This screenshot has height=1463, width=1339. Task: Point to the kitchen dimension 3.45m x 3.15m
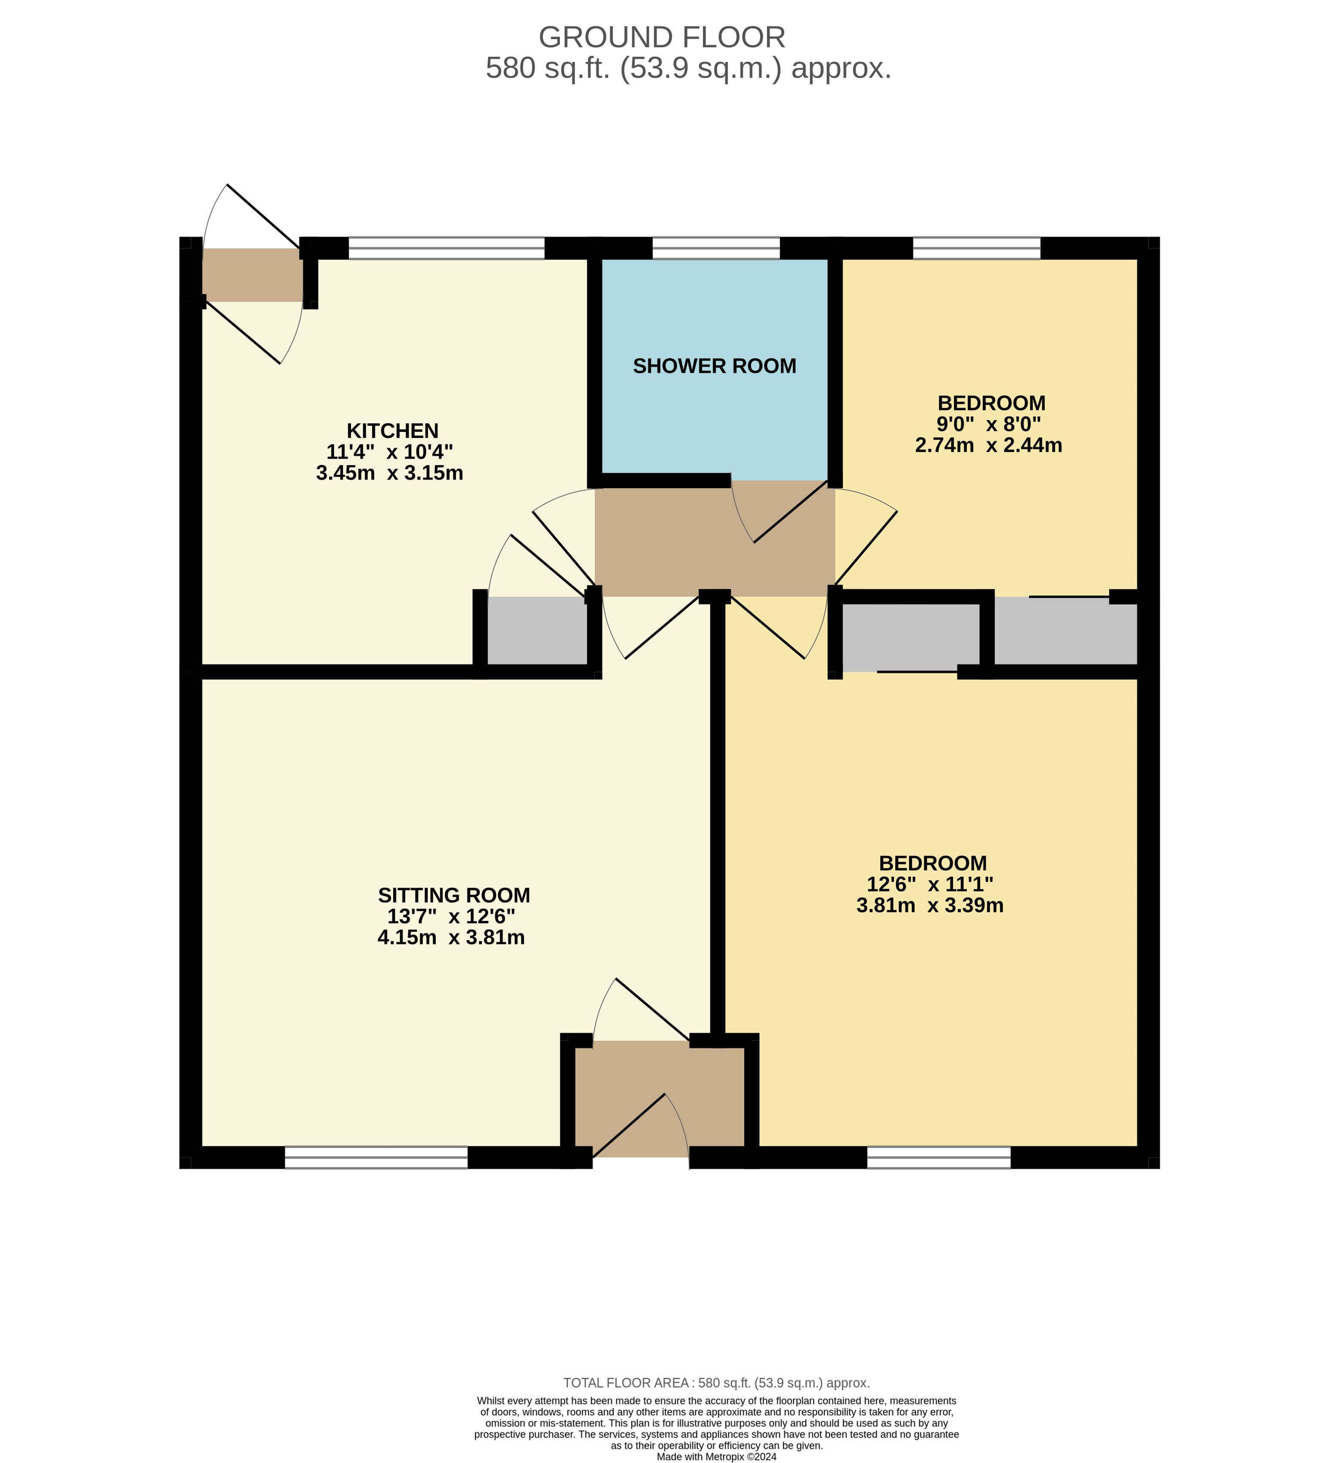tap(390, 473)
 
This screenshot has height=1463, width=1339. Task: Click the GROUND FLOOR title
tap(662, 37)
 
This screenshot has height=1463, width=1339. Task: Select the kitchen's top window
tap(446, 248)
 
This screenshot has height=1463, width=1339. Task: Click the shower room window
tap(716, 248)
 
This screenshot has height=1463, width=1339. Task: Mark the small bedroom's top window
tap(976, 248)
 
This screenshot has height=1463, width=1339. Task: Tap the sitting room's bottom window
tap(376, 1157)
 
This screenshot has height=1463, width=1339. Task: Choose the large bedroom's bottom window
tap(939, 1157)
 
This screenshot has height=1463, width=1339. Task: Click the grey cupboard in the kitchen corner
tap(537, 630)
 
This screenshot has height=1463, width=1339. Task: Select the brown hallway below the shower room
tap(715, 539)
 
